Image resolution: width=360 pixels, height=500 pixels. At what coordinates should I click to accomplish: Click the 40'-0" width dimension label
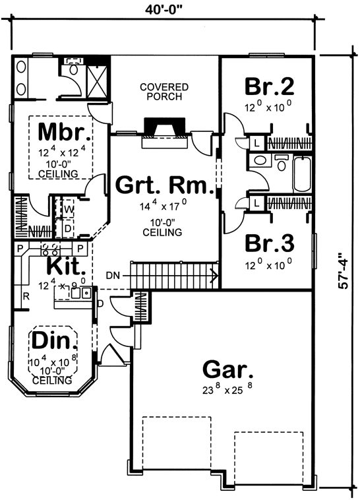[x=164, y=11]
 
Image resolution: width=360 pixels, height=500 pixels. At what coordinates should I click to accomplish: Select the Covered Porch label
[x=164, y=92]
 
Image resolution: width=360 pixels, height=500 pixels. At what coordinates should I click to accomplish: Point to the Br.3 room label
[x=270, y=243]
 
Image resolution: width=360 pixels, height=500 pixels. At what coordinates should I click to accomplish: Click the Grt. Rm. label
[x=165, y=185]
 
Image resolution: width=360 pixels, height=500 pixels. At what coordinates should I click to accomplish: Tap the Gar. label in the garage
[x=227, y=370]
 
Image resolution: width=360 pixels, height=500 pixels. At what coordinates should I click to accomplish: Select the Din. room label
[x=54, y=340]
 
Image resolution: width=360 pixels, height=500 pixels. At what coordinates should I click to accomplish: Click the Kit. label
[x=66, y=266]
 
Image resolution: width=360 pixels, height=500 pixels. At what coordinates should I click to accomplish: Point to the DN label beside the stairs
[x=113, y=276]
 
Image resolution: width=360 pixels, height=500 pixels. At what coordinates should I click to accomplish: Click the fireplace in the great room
[x=165, y=133]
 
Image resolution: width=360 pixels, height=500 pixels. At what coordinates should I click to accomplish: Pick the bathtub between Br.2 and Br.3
[x=302, y=173]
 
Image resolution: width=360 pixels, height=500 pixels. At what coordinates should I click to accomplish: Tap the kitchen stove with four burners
[x=50, y=249]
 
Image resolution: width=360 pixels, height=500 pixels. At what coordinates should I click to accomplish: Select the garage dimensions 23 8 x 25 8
[x=227, y=389]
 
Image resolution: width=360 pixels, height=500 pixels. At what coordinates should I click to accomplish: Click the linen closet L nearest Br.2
[x=256, y=144]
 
